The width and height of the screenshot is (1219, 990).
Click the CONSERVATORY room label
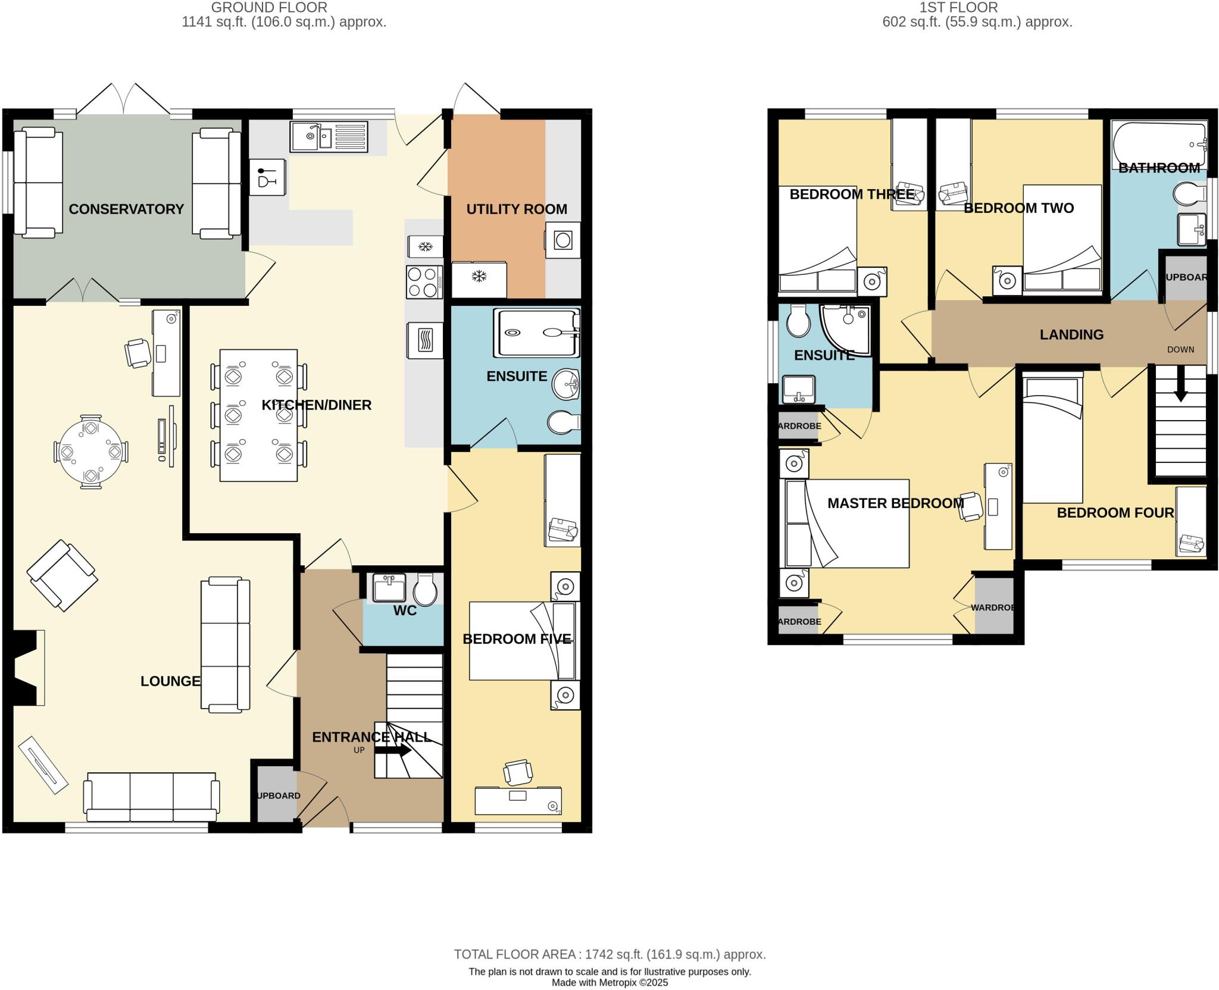click(x=126, y=209)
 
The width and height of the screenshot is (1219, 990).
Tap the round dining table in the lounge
click(x=90, y=451)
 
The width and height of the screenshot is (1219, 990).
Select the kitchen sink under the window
click(x=329, y=137)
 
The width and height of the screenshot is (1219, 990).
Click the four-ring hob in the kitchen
click(x=424, y=282)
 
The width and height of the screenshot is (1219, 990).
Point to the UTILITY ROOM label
click(x=516, y=209)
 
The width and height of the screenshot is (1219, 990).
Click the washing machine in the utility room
click(x=562, y=240)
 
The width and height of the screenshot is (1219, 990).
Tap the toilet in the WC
click(x=426, y=590)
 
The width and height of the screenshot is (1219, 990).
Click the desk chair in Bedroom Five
click(x=517, y=772)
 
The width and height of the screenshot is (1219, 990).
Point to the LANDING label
click(x=1071, y=335)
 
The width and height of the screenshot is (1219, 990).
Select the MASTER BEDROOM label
click(x=895, y=503)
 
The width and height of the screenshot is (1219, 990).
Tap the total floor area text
click(x=609, y=954)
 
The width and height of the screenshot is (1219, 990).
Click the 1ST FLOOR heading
click(x=967, y=8)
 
